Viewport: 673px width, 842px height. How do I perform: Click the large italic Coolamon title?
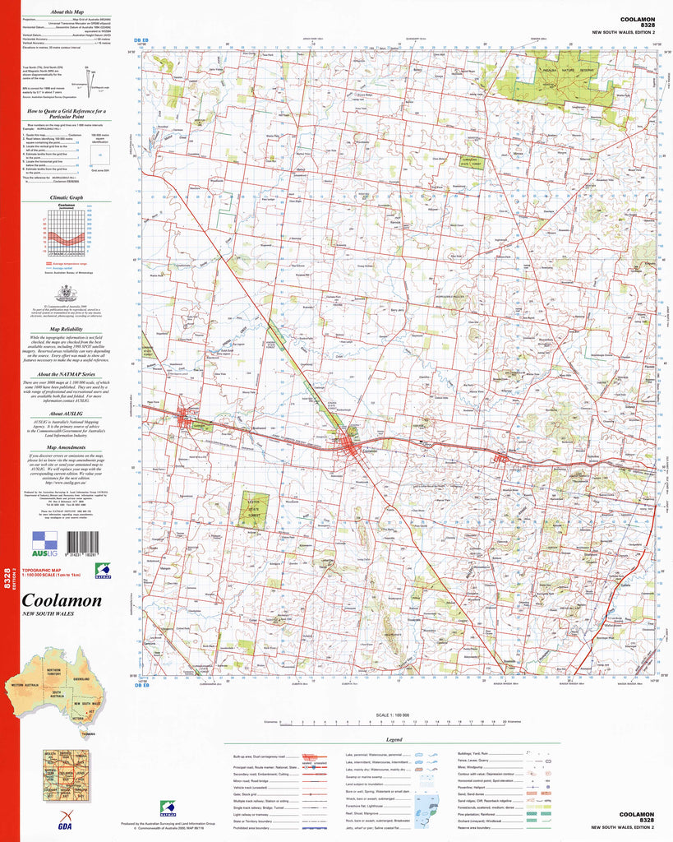coord(62,600)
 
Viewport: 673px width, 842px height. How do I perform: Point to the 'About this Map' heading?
coord(66,13)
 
